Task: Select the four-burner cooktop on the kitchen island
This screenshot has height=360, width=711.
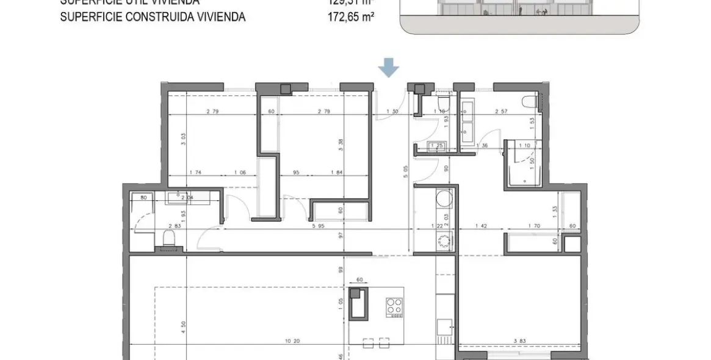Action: click(x=394, y=307)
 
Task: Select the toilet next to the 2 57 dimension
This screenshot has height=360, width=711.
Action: click(x=528, y=102)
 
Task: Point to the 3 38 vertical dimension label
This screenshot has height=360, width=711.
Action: click(x=341, y=145)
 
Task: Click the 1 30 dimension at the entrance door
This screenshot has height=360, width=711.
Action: click(x=394, y=112)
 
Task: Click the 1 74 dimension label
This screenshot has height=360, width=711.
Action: click(x=196, y=173)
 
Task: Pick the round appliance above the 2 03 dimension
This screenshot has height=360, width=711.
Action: click(x=444, y=199)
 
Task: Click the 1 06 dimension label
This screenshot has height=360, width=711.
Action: click(x=242, y=173)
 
